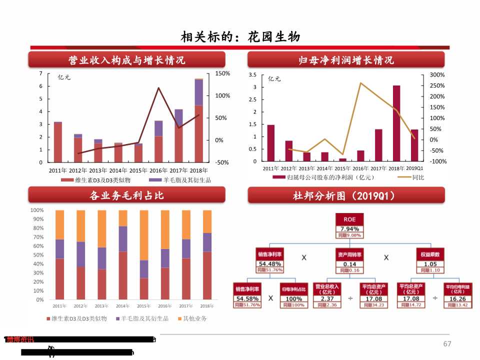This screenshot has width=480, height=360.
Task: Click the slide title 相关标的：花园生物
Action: point(240,37)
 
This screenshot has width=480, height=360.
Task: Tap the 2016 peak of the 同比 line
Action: point(360,83)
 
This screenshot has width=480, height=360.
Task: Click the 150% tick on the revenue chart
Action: point(222,73)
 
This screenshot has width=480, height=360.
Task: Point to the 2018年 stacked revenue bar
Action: point(198,120)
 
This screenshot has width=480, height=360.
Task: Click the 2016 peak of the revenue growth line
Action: point(158,88)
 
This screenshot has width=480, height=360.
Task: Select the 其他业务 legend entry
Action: point(193,318)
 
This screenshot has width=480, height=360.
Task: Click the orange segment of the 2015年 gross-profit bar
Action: point(143,235)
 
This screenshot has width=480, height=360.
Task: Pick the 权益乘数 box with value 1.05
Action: point(430,260)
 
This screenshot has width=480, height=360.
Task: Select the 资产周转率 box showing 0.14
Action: point(349,260)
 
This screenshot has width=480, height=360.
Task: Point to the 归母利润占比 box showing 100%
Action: point(293,295)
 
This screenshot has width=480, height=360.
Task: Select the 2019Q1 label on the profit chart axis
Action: point(414,168)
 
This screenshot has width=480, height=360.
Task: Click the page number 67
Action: point(447,343)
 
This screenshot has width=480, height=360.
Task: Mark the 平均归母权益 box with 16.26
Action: point(457,295)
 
